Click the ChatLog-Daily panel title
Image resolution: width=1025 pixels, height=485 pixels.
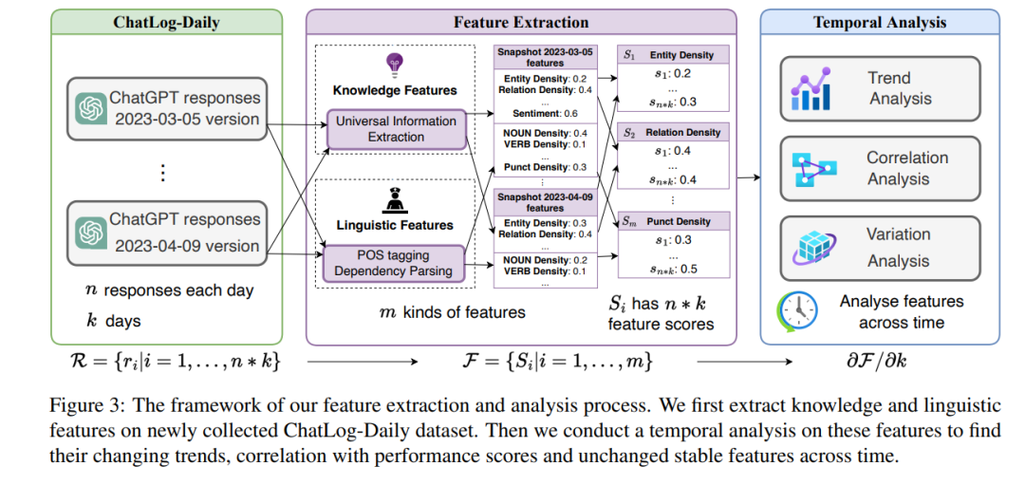[166, 22]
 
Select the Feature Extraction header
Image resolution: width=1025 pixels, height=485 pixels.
[520, 22]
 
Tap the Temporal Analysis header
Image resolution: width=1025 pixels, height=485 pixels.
[880, 22]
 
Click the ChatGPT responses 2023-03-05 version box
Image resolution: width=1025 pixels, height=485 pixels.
[166, 108]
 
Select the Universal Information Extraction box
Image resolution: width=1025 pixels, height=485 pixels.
[396, 129]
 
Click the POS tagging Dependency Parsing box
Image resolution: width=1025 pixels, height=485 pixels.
[396, 262]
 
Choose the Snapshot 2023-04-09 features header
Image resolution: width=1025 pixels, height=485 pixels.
[544, 201]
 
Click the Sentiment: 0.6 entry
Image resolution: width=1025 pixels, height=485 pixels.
[544, 113]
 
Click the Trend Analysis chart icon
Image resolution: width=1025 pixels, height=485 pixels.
[812, 89]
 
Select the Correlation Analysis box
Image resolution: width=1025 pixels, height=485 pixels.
[880, 168]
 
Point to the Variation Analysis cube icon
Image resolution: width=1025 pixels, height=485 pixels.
[812, 247]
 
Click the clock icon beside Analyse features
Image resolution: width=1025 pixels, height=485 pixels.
[797, 311]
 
